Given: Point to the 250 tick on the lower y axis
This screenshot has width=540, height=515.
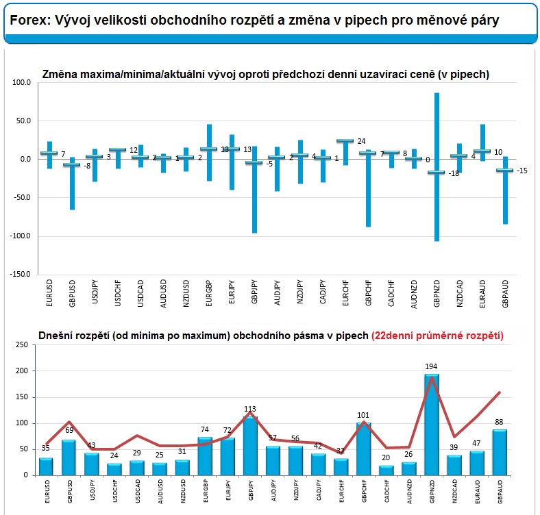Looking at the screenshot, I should coord(21,347).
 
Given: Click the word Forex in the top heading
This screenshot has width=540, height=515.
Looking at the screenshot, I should coord(26,21).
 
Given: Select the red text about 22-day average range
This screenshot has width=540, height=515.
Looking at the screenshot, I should coord(437,335).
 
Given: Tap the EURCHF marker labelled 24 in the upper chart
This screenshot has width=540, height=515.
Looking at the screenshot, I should coord(345,141).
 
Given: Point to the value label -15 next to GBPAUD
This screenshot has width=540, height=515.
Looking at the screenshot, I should coord(521,171).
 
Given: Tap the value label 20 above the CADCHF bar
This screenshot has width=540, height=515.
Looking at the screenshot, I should coord(387,458).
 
